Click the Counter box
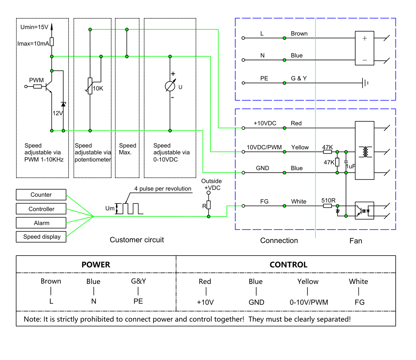[x=41, y=195]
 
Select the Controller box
[x=41, y=209]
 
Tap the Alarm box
[x=41, y=223]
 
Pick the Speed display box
[x=41, y=237]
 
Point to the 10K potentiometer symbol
[x=90, y=86]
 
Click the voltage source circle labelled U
[x=170, y=86]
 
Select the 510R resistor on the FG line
[x=327, y=206]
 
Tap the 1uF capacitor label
[x=351, y=167]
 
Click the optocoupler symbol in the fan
[x=365, y=211]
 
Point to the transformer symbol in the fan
[x=365, y=152]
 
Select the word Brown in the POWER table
[x=51, y=281]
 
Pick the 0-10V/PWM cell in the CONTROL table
[x=309, y=302]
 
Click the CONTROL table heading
[x=288, y=265]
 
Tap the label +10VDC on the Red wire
[x=265, y=123]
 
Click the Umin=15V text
[x=34, y=27]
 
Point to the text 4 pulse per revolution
[x=163, y=188]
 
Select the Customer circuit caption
[x=137, y=240]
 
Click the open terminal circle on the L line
[x=243, y=38]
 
